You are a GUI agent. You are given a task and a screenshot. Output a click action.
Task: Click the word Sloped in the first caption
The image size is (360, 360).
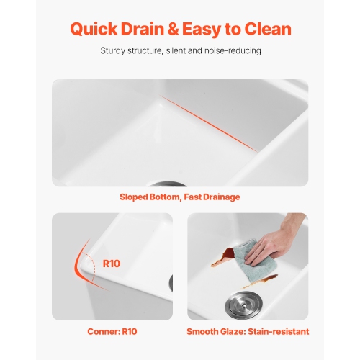[x=135, y=197]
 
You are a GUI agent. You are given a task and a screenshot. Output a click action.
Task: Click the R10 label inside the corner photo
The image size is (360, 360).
[x=112, y=264]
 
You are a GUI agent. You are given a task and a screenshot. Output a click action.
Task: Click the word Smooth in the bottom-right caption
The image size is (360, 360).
[x=204, y=332]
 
